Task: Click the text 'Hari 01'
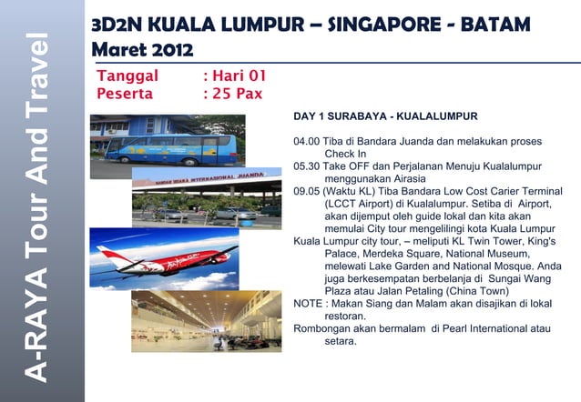(x=239, y=76)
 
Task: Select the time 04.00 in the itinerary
(x=306, y=143)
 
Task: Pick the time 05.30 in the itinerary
(x=306, y=167)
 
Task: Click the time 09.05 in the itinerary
(x=306, y=192)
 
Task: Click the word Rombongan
(x=324, y=328)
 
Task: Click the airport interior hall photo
(x=204, y=320)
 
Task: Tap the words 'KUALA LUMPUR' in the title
(x=216, y=22)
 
